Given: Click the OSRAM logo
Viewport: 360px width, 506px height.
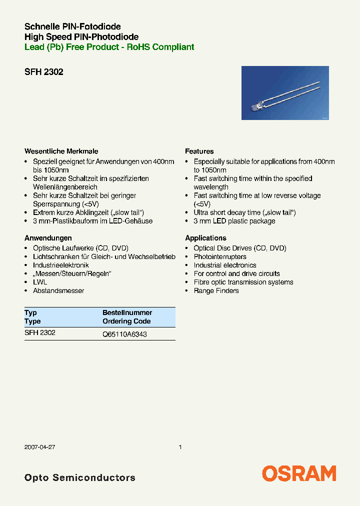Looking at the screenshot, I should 299,473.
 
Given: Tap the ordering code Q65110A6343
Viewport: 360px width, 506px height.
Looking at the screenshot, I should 124,334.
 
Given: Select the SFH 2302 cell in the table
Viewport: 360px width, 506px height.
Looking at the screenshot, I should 40,332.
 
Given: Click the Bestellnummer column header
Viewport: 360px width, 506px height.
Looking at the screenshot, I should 127,312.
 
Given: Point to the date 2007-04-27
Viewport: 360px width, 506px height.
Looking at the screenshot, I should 39,447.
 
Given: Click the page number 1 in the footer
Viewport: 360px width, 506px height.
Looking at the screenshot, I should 180,447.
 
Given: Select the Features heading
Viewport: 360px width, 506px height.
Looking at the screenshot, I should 199,151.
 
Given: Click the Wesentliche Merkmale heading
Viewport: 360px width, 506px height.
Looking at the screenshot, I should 61,151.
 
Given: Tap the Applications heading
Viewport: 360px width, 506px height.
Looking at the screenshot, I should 205,238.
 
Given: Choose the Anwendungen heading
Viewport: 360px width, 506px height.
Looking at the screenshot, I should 48,238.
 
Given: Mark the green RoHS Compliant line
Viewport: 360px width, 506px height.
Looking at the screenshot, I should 109,47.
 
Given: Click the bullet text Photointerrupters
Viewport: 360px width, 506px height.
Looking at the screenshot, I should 220,256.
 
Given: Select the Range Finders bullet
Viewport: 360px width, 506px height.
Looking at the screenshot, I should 216,290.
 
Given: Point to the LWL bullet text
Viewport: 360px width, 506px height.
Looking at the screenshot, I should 40,282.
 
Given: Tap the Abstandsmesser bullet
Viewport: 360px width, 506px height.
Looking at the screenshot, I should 58,290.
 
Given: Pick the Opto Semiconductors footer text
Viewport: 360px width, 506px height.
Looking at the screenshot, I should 79,477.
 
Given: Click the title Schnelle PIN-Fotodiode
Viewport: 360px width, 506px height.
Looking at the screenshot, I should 72,26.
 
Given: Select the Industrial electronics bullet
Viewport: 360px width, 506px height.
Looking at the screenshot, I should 225,265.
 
